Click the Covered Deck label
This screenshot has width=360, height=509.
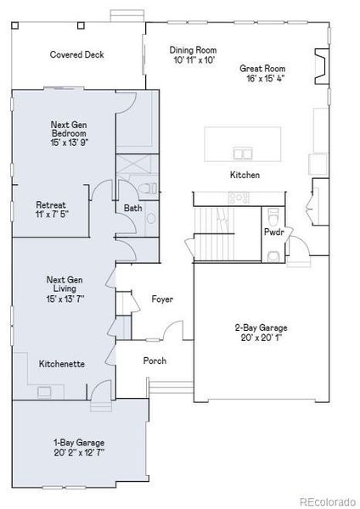pyautogui.click(x=76, y=54)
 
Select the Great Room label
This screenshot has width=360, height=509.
pyautogui.click(x=262, y=69)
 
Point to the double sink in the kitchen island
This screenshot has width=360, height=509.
pyautogui.click(x=244, y=153)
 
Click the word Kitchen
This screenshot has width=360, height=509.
pyautogui.click(x=245, y=176)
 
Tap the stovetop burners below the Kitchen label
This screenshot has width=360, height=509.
pyautogui.click(x=238, y=198)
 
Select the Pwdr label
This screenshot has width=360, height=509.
pyautogui.click(x=273, y=231)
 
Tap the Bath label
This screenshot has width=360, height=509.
pyautogui.click(x=132, y=208)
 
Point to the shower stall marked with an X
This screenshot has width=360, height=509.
pyautogui.click(x=132, y=165)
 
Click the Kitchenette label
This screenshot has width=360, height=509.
pyautogui.click(x=61, y=364)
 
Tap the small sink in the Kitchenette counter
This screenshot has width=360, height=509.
pyautogui.click(x=45, y=391)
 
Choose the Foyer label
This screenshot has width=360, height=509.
pyautogui.click(x=163, y=299)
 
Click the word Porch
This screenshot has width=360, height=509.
pyautogui.click(x=155, y=361)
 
